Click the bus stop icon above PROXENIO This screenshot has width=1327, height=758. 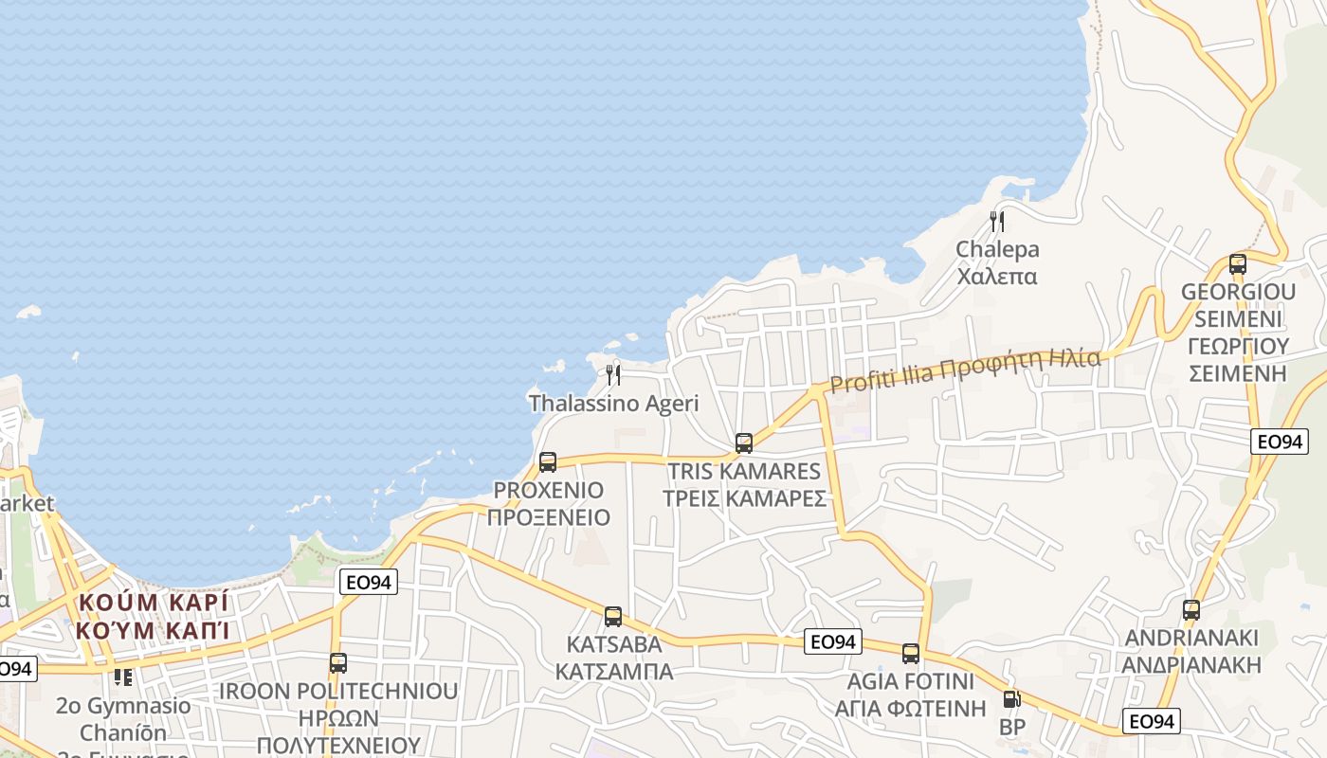click(548, 462)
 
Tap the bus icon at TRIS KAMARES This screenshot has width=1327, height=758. click(744, 442)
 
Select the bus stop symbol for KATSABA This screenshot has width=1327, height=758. click(613, 617)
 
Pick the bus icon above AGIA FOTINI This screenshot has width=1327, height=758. click(911, 653)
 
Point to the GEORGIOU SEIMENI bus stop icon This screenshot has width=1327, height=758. click(1237, 264)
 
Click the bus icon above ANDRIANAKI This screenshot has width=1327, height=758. click(1191, 610)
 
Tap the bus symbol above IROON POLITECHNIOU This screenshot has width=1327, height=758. click(338, 663)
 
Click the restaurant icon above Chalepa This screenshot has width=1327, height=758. click(996, 222)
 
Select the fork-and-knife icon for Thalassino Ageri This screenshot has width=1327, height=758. click(613, 375)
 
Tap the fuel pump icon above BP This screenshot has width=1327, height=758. click(1012, 700)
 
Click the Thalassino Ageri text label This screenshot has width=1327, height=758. click(613, 404)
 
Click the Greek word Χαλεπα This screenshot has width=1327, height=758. click(997, 277)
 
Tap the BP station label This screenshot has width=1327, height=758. click(1012, 728)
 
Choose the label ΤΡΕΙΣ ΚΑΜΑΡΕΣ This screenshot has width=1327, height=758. click(744, 499)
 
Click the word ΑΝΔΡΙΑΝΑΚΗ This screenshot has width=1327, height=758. click(1191, 664)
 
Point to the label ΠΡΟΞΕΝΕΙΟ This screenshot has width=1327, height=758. click(548, 518)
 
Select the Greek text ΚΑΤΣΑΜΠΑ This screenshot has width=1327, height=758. click(613, 672)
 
